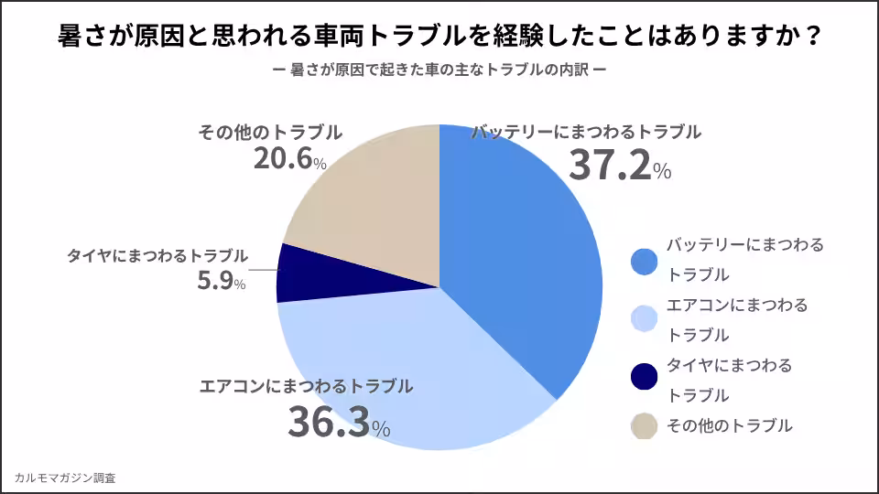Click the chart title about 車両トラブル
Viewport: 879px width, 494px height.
point(439,38)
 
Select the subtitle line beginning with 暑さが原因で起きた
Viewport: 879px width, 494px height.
point(439,70)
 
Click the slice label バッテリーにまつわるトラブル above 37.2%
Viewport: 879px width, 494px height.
point(586,132)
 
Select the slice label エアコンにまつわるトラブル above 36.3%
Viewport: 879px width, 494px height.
point(306,386)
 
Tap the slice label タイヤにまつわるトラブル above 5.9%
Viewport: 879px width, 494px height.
point(157,255)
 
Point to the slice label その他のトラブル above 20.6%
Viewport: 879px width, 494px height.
point(270,132)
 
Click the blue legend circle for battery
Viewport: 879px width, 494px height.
point(645,261)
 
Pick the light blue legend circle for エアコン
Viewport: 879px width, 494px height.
point(645,319)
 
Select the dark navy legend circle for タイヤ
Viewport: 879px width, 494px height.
point(645,376)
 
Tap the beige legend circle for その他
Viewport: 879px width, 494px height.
point(645,425)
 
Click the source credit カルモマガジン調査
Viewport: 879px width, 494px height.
point(65,478)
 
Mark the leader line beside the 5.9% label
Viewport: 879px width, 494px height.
point(263,271)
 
